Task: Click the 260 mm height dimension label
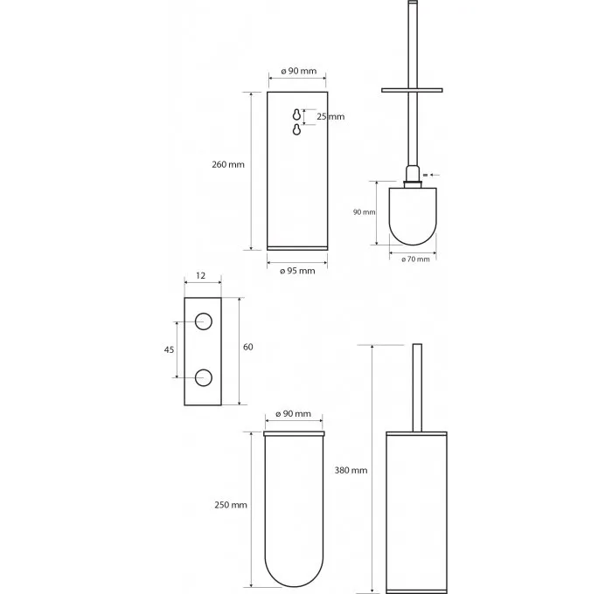click(228, 164)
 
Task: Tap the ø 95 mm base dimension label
click(297, 271)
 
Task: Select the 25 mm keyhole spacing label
click(330, 116)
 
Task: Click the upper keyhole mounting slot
click(296, 114)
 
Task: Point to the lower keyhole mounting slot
click(296, 129)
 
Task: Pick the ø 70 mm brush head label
click(415, 259)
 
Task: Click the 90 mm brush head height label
click(365, 212)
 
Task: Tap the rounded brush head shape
click(413, 217)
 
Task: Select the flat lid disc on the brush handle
click(412, 91)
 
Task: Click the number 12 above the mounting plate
click(200, 276)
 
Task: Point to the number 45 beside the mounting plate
click(169, 349)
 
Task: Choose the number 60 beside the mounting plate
click(247, 347)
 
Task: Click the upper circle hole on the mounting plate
click(204, 321)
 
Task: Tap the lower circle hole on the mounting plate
click(204, 377)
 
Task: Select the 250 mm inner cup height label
click(231, 505)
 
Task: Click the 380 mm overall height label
click(351, 470)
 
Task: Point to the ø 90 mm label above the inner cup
click(294, 414)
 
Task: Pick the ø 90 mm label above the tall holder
click(299, 71)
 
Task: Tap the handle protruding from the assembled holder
click(417, 388)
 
